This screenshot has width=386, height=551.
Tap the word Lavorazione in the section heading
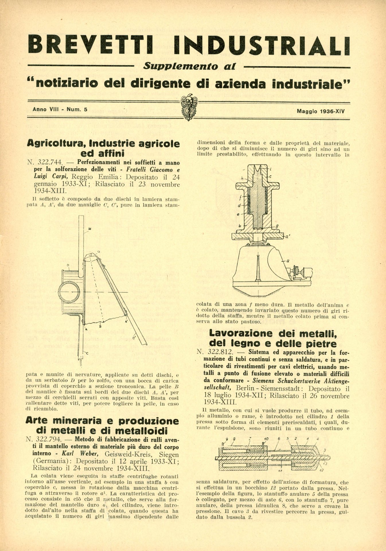pyautogui.click(x=241, y=333)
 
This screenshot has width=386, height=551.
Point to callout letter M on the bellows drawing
pyautogui.click(x=90, y=229)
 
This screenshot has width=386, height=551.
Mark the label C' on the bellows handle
pyautogui.click(x=134, y=338)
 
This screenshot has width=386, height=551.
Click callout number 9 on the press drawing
pyautogui.click(x=227, y=439)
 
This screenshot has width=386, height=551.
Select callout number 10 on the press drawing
pyautogui.click(x=266, y=439)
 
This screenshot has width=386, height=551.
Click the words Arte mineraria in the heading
pyautogui.click(x=63, y=421)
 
